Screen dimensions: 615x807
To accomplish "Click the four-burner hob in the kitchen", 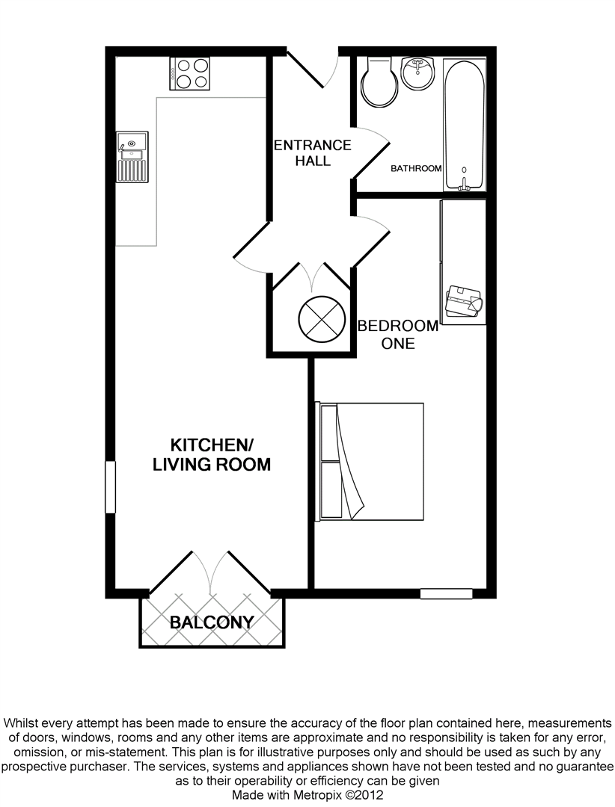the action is (190, 73).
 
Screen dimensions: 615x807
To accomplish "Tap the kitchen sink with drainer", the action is (132, 157).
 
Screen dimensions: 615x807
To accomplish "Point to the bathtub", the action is (464, 125).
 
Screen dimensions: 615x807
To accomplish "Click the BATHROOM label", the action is (416, 168).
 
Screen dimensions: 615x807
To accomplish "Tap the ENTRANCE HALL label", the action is (313, 153).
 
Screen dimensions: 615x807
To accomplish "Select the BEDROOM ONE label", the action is (398, 335).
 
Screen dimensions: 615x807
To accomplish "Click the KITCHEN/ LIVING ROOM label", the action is (211, 454).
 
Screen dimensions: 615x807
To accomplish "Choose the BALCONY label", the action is (212, 622).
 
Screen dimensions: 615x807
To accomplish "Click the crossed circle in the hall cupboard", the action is (322, 320).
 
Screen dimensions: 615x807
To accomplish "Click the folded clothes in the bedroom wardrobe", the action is (464, 301).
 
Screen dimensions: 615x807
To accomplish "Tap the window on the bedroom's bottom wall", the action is (447, 593).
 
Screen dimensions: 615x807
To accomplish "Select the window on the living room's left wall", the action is (110, 487).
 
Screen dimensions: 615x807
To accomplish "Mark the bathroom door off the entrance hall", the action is (370, 153).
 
